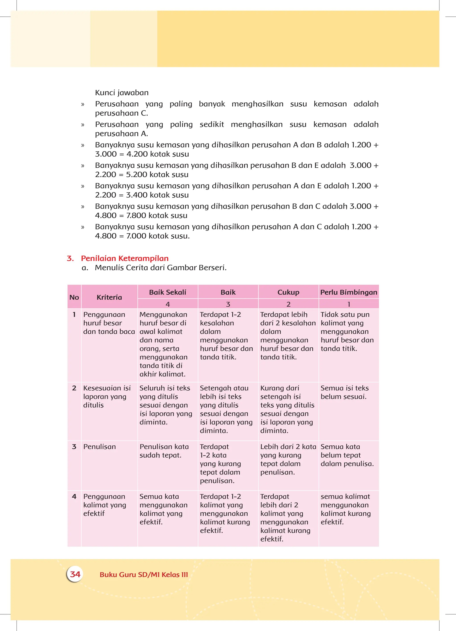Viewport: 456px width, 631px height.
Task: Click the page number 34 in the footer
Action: coord(75,574)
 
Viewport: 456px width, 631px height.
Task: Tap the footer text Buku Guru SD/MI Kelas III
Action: coord(144,574)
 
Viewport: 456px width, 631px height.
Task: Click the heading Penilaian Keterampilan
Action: coord(124,258)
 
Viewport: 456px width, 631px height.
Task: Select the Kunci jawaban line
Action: coord(122,92)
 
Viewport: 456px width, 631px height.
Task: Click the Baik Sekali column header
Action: coord(168,292)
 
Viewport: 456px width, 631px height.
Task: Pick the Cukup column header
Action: coord(288,292)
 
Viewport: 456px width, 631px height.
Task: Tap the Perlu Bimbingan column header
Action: coord(348,292)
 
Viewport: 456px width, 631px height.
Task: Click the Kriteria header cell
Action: coord(109,297)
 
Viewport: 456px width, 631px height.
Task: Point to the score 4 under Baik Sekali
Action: coord(168,304)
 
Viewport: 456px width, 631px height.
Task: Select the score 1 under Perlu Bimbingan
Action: coord(348,304)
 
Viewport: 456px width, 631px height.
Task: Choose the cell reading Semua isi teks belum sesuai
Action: coord(344,392)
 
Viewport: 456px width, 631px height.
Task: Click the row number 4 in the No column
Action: coord(74,496)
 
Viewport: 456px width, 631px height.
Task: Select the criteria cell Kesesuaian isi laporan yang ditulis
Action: coord(107,396)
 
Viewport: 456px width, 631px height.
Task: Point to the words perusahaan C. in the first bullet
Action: coord(121,113)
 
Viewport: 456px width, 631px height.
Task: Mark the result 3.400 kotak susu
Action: coord(157,195)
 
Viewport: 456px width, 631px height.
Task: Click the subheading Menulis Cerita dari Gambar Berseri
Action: coord(161,268)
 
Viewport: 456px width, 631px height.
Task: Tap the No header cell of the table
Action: coord(74,297)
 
